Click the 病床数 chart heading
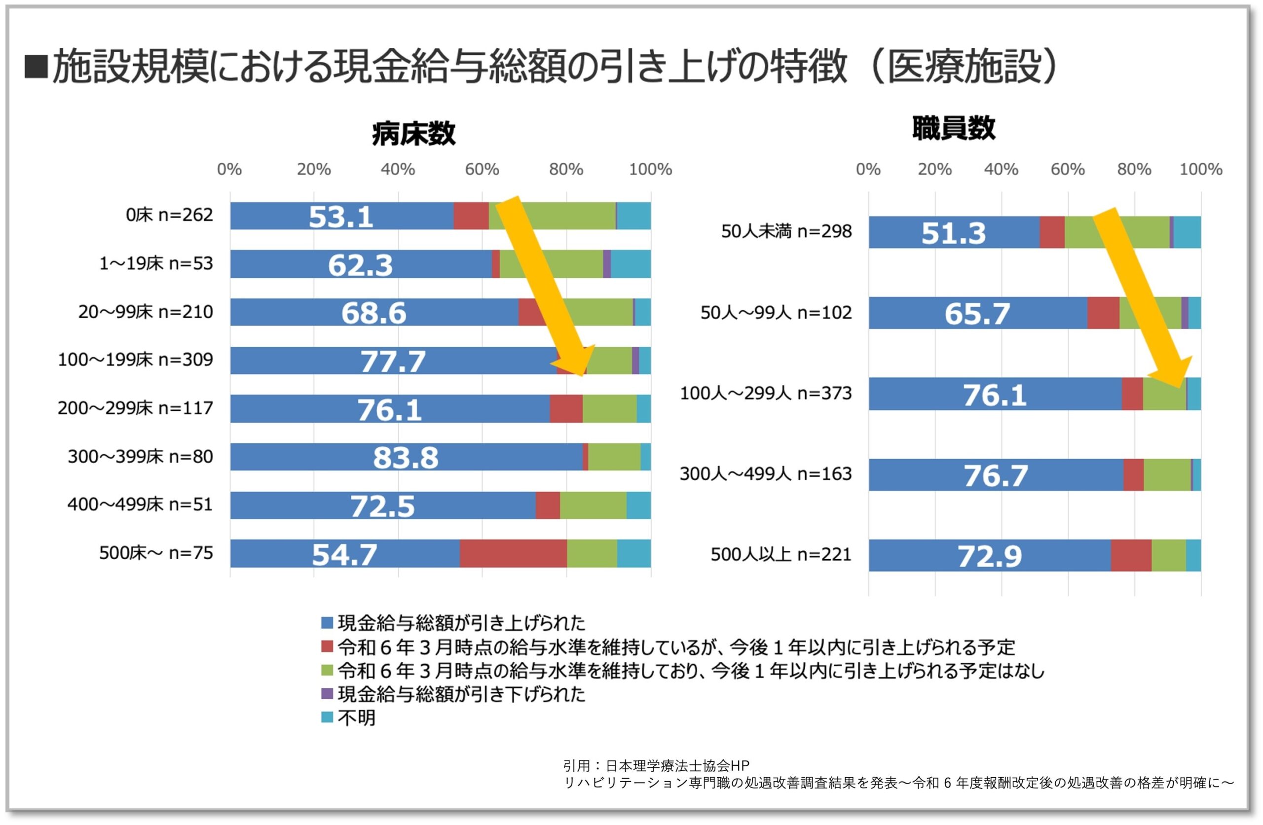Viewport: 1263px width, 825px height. [x=413, y=133]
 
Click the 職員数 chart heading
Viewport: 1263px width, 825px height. [x=954, y=128]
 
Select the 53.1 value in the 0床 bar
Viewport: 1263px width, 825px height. [x=341, y=216]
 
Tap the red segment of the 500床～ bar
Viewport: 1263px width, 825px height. [x=513, y=553]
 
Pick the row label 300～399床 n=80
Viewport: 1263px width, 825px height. [x=140, y=456]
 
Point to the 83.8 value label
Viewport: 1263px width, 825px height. [x=406, y=457]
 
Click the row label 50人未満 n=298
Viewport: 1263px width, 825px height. [x=786, y=231]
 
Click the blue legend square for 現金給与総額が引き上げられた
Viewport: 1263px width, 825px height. [x=328, y=622]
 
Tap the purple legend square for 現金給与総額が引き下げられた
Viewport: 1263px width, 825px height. [x=328, y=693]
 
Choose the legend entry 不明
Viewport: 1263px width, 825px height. [x=356, y=718]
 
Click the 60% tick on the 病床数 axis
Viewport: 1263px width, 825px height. [x=482, y=169]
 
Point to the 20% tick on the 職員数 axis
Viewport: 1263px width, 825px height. [x=934, y=169]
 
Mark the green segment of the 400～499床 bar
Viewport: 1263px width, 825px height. [x=593, y=505]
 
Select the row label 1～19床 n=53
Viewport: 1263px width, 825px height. [x=156, y=263]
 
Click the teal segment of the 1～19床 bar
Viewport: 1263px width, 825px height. [x=631, y=264]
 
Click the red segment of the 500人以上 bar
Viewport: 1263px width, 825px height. [x=1131, y=555]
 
